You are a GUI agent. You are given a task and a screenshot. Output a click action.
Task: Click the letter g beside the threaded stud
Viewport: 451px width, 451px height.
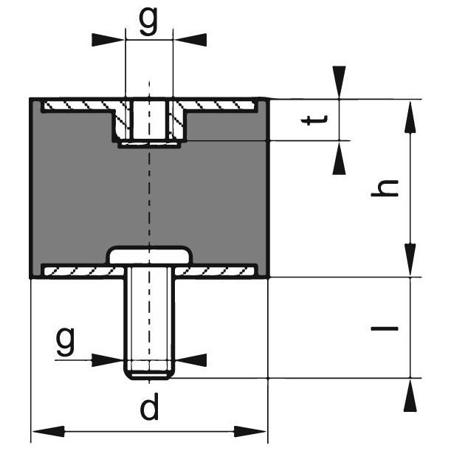(66, 341)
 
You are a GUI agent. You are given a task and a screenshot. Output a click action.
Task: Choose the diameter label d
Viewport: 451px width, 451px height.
(150, 407)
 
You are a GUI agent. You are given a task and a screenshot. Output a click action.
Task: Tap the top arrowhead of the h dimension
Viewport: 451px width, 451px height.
(409, 114)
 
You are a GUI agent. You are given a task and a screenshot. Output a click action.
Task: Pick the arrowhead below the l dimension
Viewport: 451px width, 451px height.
(409, 395)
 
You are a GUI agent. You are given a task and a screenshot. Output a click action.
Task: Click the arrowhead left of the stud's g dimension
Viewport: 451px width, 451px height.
(107, 359)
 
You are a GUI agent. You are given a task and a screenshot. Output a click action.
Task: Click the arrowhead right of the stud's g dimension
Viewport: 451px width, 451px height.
(192, 359)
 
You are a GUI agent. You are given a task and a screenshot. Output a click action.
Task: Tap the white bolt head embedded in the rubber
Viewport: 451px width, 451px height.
(150, 255)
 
